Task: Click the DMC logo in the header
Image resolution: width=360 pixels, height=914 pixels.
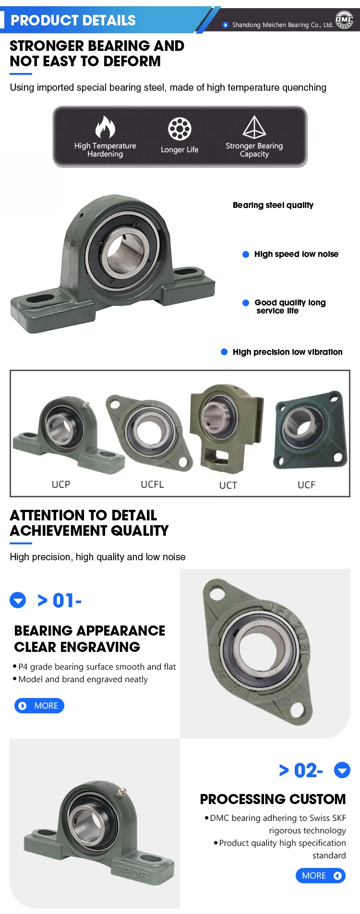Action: (x=344, y=20)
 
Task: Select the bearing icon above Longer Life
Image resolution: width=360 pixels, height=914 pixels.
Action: (x=180, y=128)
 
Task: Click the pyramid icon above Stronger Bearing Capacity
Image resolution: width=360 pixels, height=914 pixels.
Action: (x=254, y=127)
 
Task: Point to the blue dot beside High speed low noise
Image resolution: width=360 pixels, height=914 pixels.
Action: (x=246, y=254)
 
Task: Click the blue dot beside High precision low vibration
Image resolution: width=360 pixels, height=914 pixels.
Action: (x=224, y=352)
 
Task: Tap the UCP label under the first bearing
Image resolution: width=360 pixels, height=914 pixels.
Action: (x=61, y=484)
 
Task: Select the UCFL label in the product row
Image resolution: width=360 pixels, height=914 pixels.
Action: (x=152, y=484)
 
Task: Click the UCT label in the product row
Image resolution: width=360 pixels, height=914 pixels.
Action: (x=228, y=485)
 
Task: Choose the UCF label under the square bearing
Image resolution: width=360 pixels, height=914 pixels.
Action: (x=306, y=485)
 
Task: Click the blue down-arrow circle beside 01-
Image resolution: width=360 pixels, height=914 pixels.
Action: (x=18, y=600)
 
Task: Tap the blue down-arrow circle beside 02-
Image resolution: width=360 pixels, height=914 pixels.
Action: (x=342, y=770)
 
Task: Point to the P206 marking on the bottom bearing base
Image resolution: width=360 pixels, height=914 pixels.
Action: (x=130, y=870)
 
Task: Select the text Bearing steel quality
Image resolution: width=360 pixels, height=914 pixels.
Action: (x=273, y=205)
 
